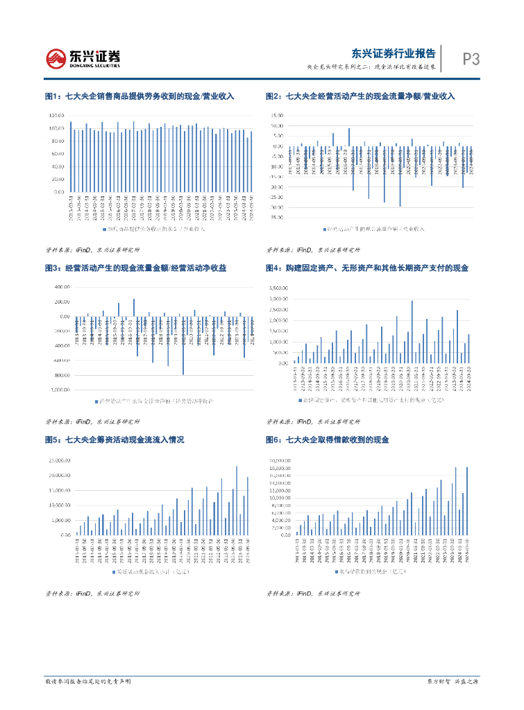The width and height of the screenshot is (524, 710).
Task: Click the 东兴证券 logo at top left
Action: (x=83, y=58)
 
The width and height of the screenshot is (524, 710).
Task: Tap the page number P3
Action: (x=471, y=60)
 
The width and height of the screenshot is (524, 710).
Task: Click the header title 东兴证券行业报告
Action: (x=394, y=53)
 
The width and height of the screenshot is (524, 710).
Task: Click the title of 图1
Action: (x=139, y=96)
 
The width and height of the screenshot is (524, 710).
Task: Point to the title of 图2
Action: (x=360, y=96)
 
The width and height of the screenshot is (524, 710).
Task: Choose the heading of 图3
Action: (x=135, y=268)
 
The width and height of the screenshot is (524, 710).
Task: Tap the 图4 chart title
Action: (x=367, y=268)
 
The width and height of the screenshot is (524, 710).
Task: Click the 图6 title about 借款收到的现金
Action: (x=328, y=440)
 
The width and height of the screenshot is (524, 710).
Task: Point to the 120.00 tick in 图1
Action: (x=58, y=115)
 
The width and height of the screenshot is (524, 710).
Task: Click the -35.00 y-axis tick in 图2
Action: (x=276, y=217)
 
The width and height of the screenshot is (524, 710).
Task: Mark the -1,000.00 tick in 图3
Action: (x=56, y=389)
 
